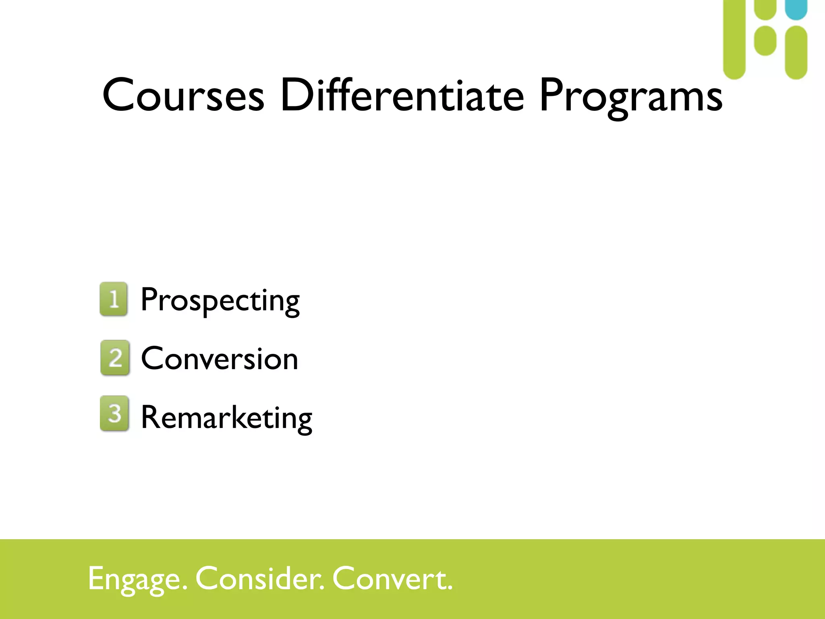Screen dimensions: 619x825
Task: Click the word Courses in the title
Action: coord(183,96)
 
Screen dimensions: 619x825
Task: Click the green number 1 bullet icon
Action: coord(114,299)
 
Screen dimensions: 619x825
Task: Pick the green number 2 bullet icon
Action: coord(115,357)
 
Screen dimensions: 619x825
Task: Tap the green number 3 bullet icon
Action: coord(114,413)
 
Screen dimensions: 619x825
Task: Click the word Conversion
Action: coord(220,359)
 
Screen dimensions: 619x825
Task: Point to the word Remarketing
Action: coord(226,418)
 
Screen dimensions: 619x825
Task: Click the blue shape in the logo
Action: coord(796,9)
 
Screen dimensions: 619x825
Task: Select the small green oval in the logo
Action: coord(765,41)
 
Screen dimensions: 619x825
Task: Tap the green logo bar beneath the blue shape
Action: coord(796,52)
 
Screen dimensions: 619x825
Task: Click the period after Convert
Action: coord(450,588)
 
